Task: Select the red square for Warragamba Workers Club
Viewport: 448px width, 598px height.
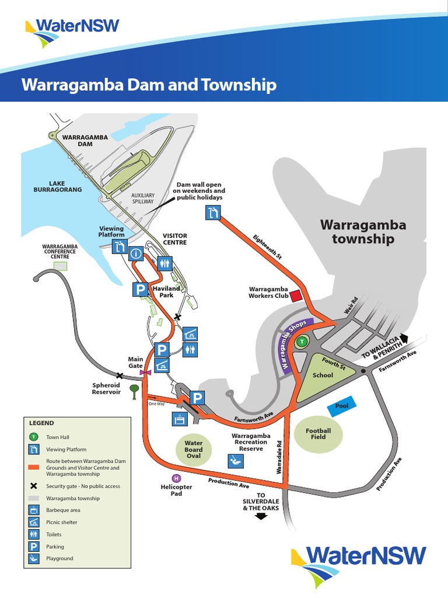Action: click(x=296, y=295)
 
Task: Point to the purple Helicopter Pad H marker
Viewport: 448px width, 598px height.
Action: click(x=177, y=478)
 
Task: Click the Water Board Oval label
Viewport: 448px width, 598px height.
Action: click(x=194, y=450)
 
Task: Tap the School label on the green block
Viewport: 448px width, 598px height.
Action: click(x=323, y=375)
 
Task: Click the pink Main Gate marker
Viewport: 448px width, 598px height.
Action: click(x=145, y=371)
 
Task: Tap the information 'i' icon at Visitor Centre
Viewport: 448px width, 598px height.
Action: click(x=136, y=254)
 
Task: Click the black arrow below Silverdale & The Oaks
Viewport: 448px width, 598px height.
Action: click(x=261, y=516)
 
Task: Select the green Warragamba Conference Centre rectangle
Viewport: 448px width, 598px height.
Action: click(x=61, y=266)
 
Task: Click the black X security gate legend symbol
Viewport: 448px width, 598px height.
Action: click(x=34, y=486)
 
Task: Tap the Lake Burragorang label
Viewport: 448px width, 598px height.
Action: click(x=57, y=186)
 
